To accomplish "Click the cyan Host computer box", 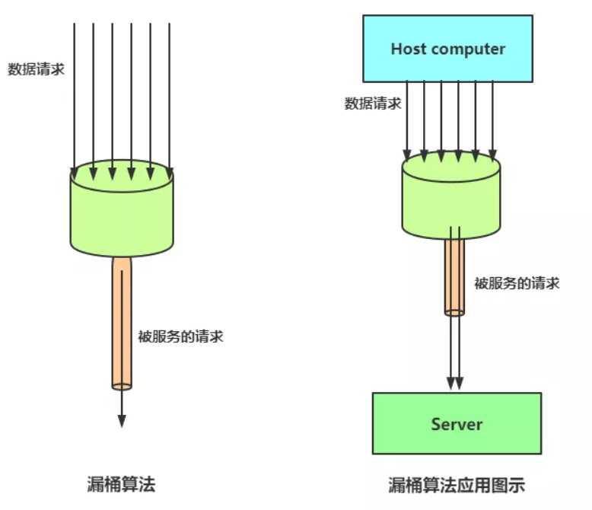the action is pos(447,49).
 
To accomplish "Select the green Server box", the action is pos(457,423).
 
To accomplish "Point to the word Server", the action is pos(457,424).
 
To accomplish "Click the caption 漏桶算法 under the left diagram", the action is pos(121,484).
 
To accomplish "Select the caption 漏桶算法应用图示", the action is pos(457,485).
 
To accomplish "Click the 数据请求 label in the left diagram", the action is pos(37,69).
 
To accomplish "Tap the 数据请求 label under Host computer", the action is pos(373,103).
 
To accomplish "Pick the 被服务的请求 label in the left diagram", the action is pos(181,336).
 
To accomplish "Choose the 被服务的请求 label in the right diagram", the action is pos(517,283).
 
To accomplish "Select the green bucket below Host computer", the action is pos(451,196).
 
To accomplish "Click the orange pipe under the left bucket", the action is pos(122,324).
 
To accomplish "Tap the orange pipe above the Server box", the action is pos(454,277).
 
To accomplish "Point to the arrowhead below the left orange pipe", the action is pos(122,421).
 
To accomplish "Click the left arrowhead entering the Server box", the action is pos(450,383).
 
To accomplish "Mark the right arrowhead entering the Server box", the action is pos(459,383).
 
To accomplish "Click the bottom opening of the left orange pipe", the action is pos(122,387).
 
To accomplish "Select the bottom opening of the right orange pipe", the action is pos(454,312).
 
